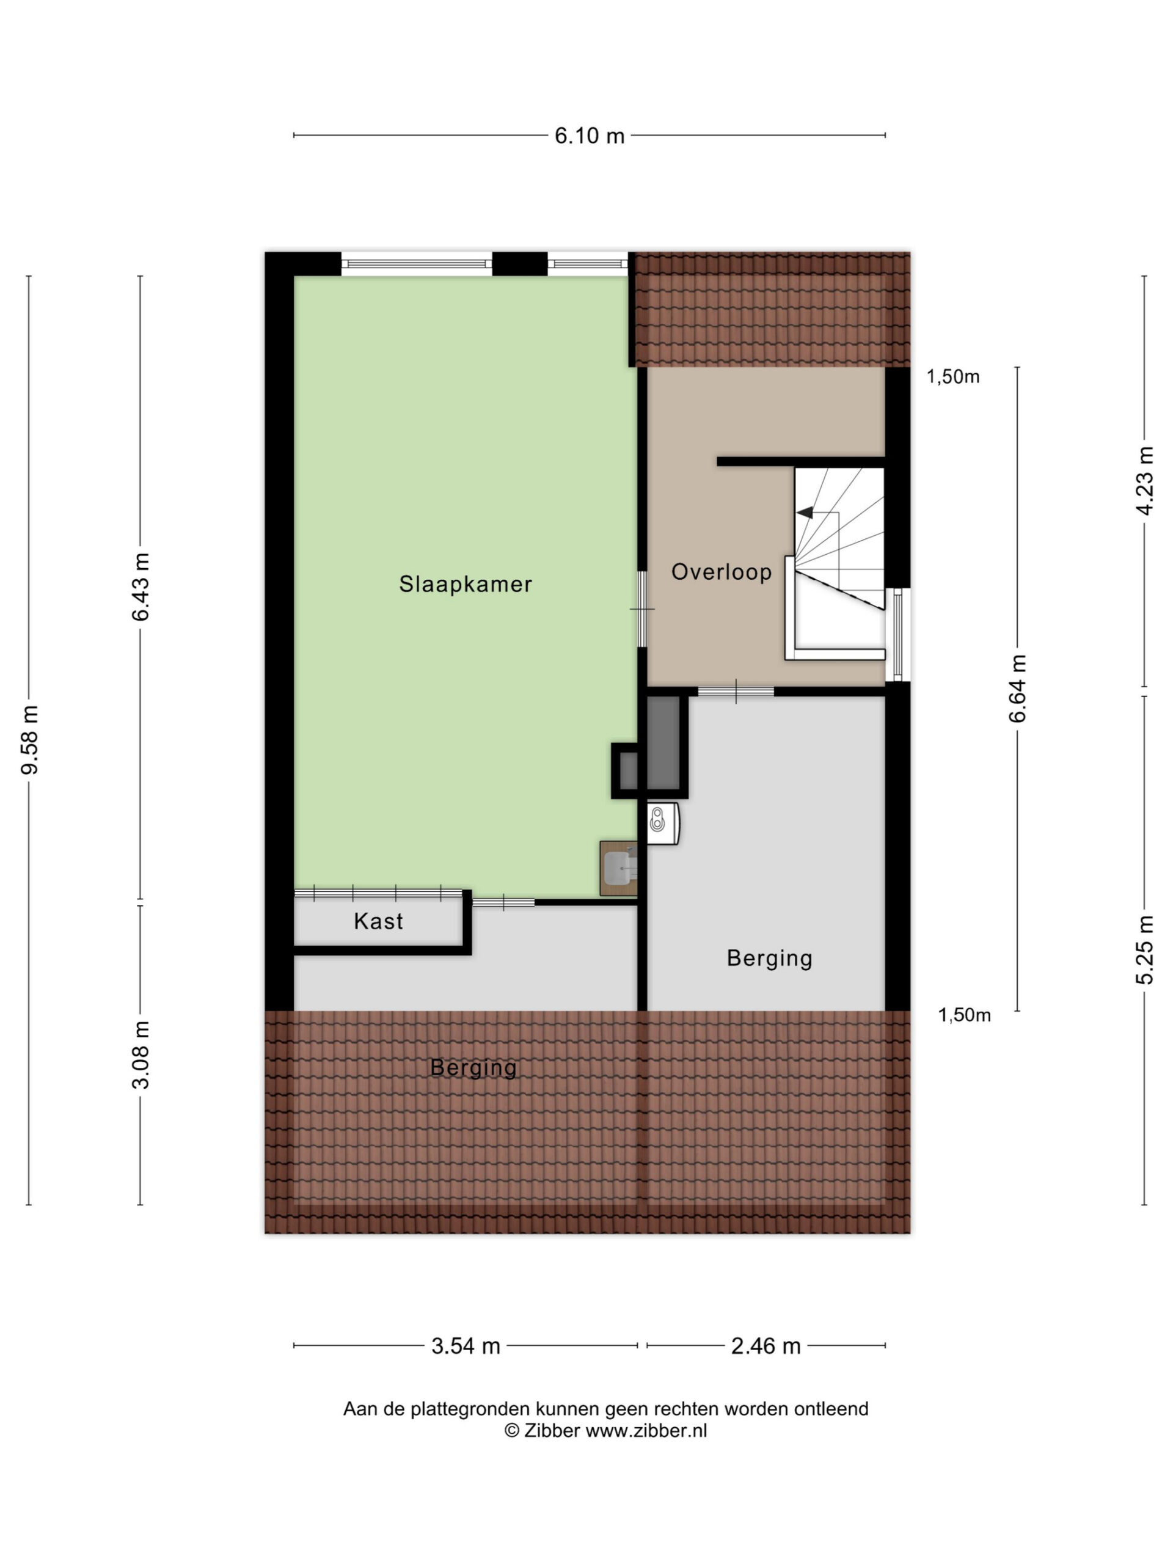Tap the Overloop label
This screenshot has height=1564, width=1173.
tap(721, 571)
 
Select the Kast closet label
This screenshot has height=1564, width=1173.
tap(378, 921)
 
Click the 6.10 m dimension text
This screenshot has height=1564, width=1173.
tap(589, 136)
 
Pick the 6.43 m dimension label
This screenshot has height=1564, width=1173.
tap(140, 587)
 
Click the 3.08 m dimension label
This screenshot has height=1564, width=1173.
tap(140, 1055)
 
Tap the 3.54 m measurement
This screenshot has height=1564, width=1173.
tap(466, 1345)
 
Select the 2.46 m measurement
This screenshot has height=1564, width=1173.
tap(766, 1345)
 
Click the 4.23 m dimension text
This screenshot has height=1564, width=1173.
tap(1145, 481)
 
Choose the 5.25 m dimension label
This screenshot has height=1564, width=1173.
tap(1145, 949)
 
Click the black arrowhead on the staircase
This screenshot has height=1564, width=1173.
tap(805, 512)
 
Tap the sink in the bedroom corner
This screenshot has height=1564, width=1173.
tap(619, 868)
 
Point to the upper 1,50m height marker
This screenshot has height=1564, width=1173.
tap(953, 377)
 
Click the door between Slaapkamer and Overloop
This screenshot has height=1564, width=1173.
tap(642, 608)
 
